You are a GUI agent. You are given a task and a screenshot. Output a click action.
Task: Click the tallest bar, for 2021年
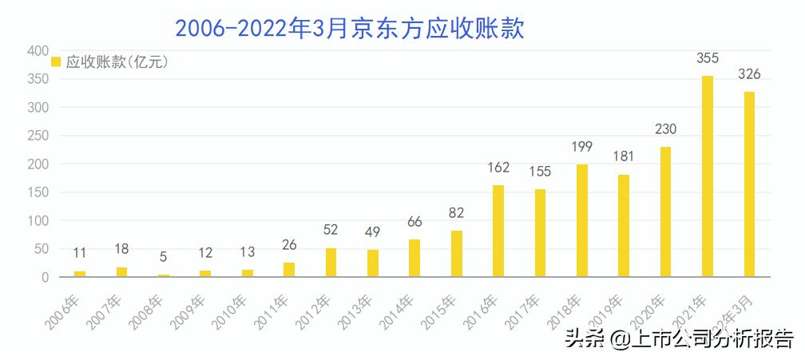pyautogui.click(x=707, y=176)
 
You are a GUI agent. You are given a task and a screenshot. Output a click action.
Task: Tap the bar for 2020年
pyautogui.click(x=665, y=212)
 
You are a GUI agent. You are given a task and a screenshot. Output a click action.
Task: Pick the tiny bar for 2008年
pyautogui.click(x=164, y=275)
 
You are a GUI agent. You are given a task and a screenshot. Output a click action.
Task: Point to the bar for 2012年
pyautogui.click(x=331, y=263)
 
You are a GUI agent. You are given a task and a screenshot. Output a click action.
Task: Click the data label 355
pyautogui.click(x=707, y=57)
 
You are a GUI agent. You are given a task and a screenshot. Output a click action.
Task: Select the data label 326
pyautogui.click(x=748, y=74)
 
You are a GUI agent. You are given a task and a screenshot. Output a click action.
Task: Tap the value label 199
pyautogui.click(x=581, y=146)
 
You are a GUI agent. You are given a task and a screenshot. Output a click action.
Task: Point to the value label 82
pyautogui.click(x=456, y=212)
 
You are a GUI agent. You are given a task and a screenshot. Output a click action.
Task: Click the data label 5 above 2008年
pyautogui.click(x=164, y=257)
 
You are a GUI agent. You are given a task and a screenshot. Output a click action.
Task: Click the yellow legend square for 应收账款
pyautogui.click(x=56, y=62)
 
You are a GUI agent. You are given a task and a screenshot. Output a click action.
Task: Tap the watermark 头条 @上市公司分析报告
pyautogui.click(x=679, y=339)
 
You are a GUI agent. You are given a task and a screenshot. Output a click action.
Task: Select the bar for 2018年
pyautogui.click(x=581, y=221)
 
